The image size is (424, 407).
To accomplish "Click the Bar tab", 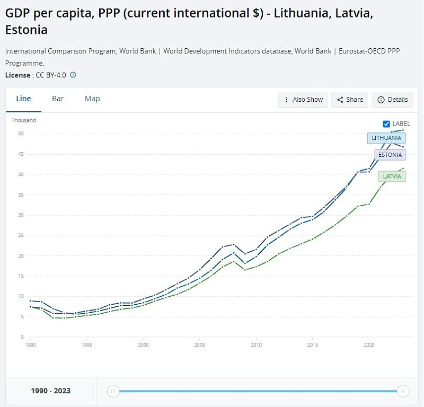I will [58, 99].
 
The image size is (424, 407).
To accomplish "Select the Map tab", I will [92, 99].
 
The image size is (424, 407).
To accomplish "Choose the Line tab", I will [24, 99].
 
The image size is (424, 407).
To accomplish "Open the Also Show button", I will [303, 100].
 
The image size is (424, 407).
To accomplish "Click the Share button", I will [350, 100].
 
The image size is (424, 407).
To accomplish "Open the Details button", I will [393, 100].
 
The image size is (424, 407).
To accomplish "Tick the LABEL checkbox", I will [386, 124].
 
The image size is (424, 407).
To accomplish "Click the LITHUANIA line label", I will [386, 138].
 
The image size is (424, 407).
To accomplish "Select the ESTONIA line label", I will [390, 155].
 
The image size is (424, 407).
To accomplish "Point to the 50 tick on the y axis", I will [21, 134].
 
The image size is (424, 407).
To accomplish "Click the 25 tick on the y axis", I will [21, 235].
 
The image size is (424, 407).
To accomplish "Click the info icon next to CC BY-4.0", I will [73, 75].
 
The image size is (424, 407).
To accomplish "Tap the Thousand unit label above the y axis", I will [24, 120].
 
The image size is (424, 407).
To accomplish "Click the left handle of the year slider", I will [113, 391].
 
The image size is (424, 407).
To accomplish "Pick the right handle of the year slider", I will [403, 391].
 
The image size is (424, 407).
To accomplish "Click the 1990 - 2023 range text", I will [51, 391].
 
